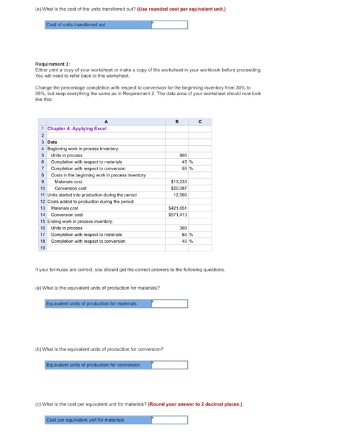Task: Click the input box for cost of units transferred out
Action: coord(170,25)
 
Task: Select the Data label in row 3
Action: coord(53,142)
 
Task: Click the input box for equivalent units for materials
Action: coord(170,304)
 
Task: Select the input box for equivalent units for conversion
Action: coord(170,365)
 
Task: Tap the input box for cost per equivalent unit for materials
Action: coord(170,420)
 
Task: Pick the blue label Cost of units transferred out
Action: coord(76,25)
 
